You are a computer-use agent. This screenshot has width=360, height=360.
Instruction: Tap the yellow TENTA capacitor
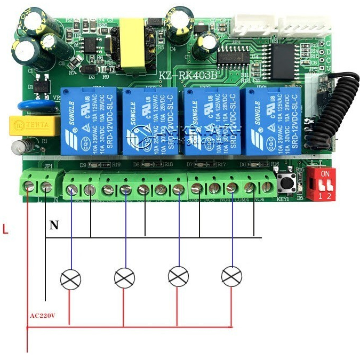[x=35, y=125]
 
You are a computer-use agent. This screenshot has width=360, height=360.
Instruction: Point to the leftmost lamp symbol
[x=71, y=279]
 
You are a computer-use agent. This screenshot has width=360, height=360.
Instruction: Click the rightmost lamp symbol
[x=231, y=276]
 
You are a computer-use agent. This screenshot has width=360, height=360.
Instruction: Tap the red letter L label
[x=5, y=230]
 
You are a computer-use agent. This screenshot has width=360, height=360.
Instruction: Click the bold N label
[x=54, y=226]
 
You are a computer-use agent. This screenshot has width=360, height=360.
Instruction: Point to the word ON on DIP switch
[x=326, y=173]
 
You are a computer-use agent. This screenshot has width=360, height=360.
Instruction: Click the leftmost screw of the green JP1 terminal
[x=31, y=186]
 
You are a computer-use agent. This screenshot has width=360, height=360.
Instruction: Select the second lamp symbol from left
[x=125, y=277]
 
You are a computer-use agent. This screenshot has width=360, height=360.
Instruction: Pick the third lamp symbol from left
[x=178, y=276]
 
